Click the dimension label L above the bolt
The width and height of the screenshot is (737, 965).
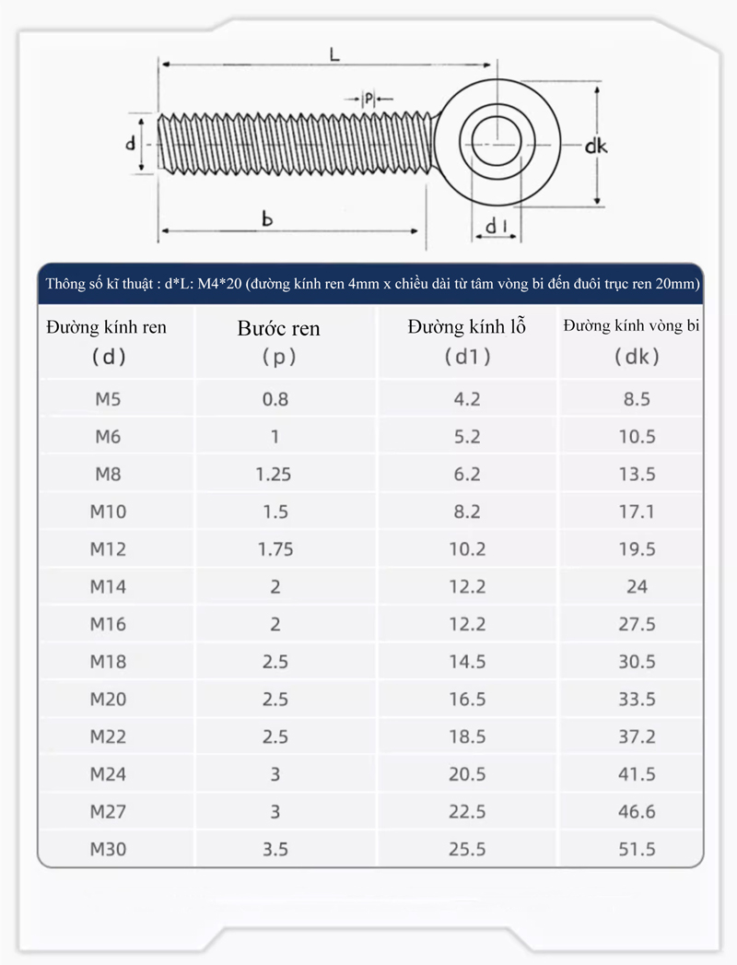(334, 54)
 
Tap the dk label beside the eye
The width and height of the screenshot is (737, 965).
(595, 146)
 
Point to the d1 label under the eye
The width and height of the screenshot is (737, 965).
(496, 227)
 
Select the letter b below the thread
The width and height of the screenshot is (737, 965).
(266, 218)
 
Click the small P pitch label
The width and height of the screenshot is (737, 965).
(368, 98)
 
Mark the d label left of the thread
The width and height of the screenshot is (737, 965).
(131, 144)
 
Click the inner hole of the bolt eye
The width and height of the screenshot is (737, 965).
(497, 144)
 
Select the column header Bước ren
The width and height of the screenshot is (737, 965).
(279, 328)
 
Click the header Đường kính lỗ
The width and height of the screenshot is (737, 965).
(467, 326)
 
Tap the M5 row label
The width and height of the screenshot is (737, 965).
(108, 399)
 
